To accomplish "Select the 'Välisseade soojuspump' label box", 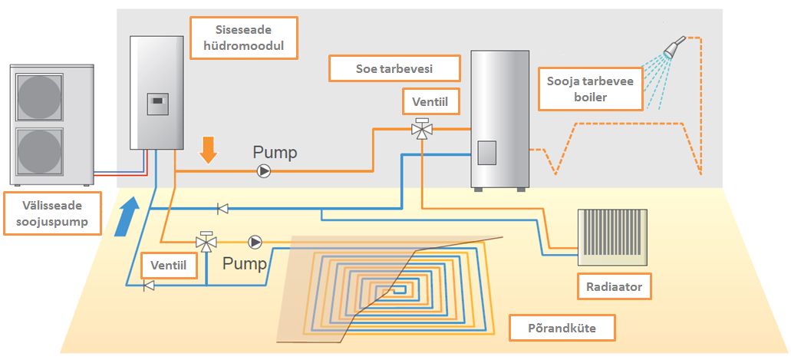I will pos(52,214).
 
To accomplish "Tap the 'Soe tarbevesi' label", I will pos(394,68).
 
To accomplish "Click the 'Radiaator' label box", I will pos(613,287).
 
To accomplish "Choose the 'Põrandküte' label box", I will pos(562,329).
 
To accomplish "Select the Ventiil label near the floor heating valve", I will pos(168,266).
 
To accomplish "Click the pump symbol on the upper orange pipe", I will pos(264,171).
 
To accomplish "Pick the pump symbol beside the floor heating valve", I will pos(255,243).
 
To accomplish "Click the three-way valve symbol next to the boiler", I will pos(421,129).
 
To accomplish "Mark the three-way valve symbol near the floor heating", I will pos(205,242).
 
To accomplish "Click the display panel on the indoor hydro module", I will pos(157,101).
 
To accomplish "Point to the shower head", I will pos(672,50).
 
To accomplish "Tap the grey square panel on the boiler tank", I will pos(488,153).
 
